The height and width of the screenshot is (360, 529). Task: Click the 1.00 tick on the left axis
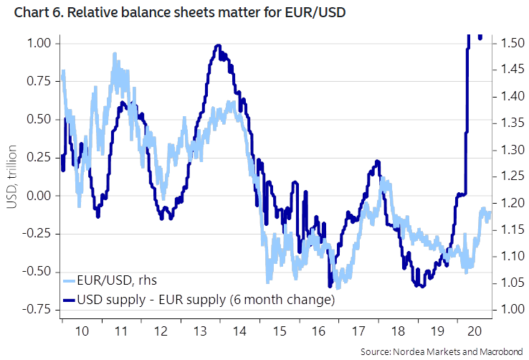[38, 43]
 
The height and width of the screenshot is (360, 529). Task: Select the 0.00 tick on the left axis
[38, 195]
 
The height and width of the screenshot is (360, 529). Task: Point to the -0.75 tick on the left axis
[36, 309]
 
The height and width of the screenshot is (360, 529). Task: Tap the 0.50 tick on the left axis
[38, 119]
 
